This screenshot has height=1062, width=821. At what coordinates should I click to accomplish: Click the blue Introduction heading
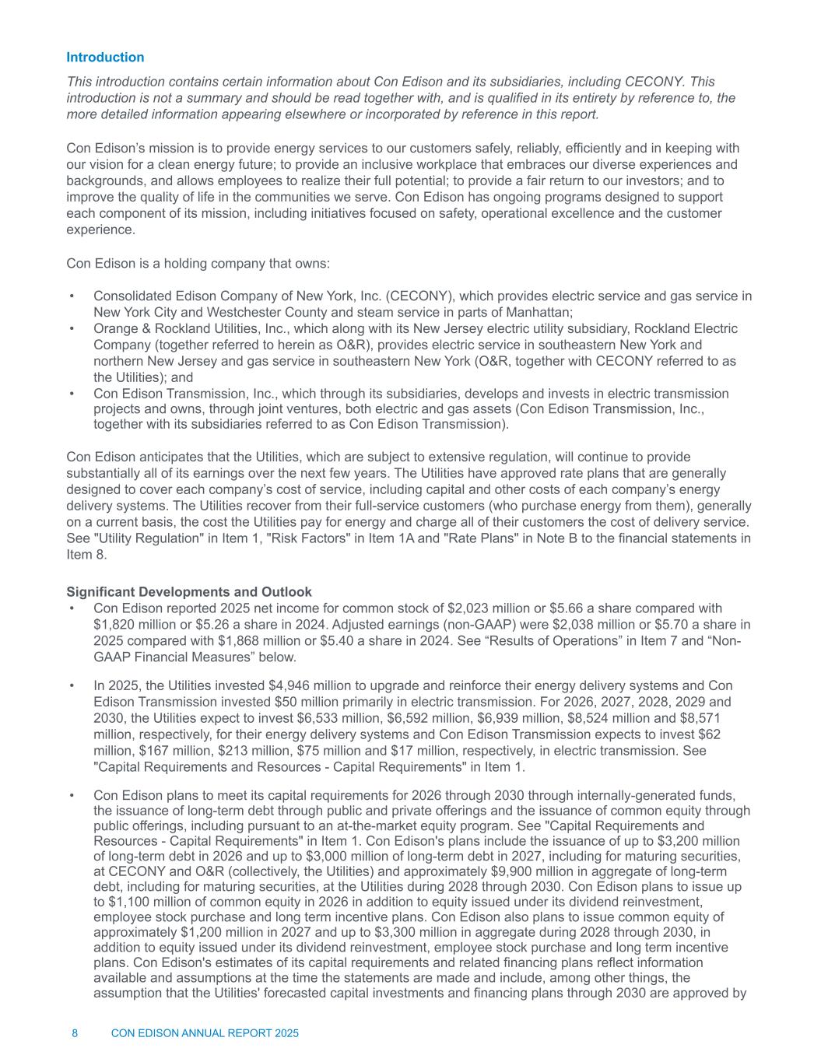[x=105, y=58]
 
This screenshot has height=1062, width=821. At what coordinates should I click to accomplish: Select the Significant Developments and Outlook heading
[x=189, y=591]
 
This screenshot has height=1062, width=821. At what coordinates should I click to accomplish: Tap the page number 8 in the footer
[x=75, y=1033]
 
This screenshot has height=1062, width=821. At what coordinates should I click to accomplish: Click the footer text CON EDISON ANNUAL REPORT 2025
[x=205, y=1033]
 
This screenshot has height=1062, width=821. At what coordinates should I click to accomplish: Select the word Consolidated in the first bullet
[x=129, y=296]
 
